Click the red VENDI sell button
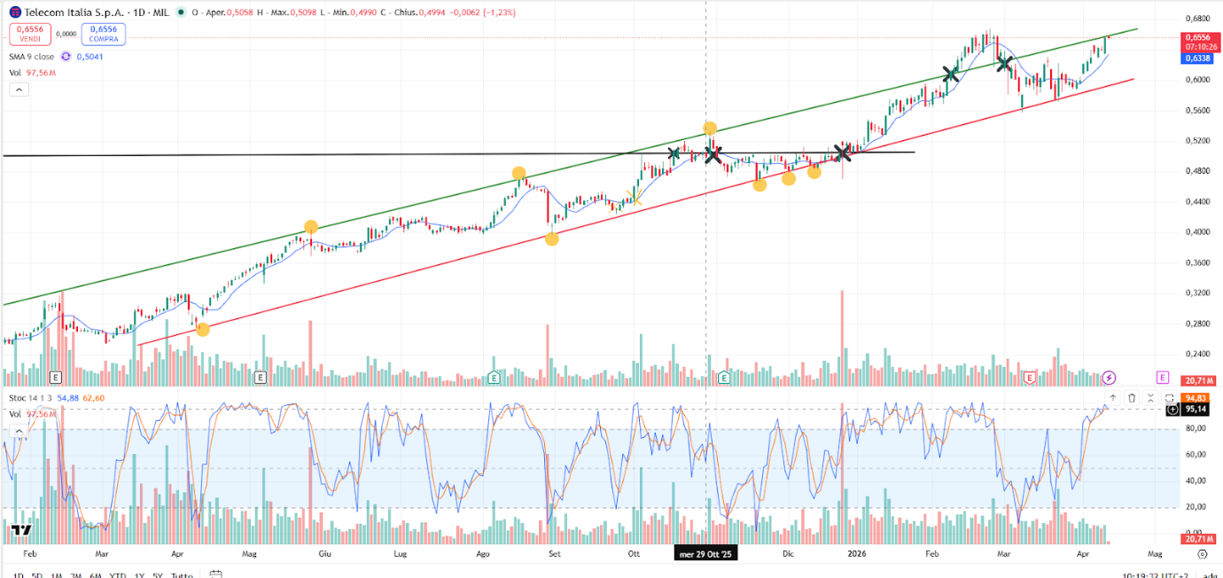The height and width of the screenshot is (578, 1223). tap(28, 35)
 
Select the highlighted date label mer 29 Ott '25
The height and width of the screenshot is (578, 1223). tap(705, 554)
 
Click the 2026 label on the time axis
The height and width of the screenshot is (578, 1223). tap(856, 554)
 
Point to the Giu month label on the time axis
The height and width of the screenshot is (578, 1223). tap(324, 554)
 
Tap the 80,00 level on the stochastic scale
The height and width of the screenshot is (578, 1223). tap(1196, 429)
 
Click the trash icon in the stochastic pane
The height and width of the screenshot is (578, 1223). tap(1132, 398)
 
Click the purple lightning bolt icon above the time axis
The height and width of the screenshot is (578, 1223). tap(1110, 378)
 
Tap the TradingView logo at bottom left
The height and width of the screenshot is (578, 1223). tap(21, 530)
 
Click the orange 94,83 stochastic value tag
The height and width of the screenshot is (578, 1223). tap(1197, 398)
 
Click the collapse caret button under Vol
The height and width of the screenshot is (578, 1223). tap(19, 90)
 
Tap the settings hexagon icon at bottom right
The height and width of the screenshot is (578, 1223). tap(1202, 554)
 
